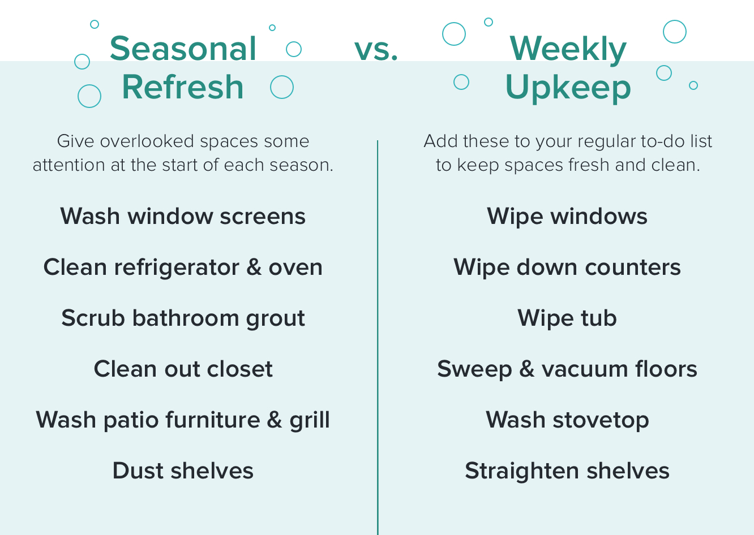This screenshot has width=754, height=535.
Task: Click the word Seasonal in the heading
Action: (x=183, y=49)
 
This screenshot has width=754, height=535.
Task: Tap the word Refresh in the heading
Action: (x=183, y=87)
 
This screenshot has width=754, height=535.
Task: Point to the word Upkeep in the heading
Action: (x=568, y=89)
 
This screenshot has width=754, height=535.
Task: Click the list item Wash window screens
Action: (x=183, y=216)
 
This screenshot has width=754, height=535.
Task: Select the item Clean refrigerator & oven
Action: (x=183, y=267)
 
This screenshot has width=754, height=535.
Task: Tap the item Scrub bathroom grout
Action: (x=183, y=318)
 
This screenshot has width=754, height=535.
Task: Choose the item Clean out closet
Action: (x=183, y=369)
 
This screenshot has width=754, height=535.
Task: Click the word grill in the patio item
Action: (x=310, y=420)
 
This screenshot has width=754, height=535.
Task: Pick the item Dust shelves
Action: (x=183, y=471)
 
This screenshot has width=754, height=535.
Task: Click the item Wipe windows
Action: (x=567, y=217)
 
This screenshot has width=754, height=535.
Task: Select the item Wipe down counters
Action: (x=567, y=267)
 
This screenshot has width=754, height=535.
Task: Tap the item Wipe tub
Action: (x=567, y=319)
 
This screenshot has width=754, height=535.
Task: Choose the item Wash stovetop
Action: (x=567, y=420)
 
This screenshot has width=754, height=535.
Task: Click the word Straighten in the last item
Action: (x=522, y=472)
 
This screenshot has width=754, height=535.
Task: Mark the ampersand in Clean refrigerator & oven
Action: (x=254, y=267)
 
